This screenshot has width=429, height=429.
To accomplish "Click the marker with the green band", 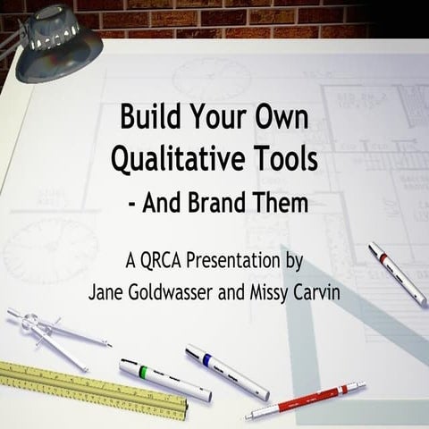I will coord(164,379).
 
